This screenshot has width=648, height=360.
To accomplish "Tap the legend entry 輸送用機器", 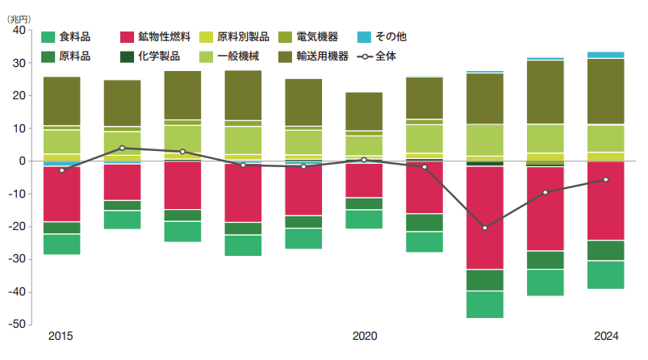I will pyautogui.click(x=323, y=57).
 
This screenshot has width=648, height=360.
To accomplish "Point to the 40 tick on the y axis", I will pyautogui.click(x=20, y=31).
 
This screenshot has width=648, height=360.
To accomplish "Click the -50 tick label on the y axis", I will pyautogui.click(x=18, y=324).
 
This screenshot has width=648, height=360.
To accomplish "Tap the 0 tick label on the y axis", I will pyautogui.click(x=23, y=161).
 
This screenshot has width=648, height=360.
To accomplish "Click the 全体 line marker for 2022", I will pyautogui.click(x=485, y=228).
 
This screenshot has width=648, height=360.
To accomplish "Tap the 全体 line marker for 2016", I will pyautogui.click(x=122, y=148).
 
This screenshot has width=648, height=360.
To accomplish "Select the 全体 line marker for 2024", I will pyautogui.click(x=606, y=179).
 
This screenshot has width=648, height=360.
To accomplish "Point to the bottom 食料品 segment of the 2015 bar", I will pyautogui.click(x=61, y=244).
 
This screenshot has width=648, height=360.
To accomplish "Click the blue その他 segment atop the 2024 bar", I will pyautogui.click(x=606, y=55).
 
